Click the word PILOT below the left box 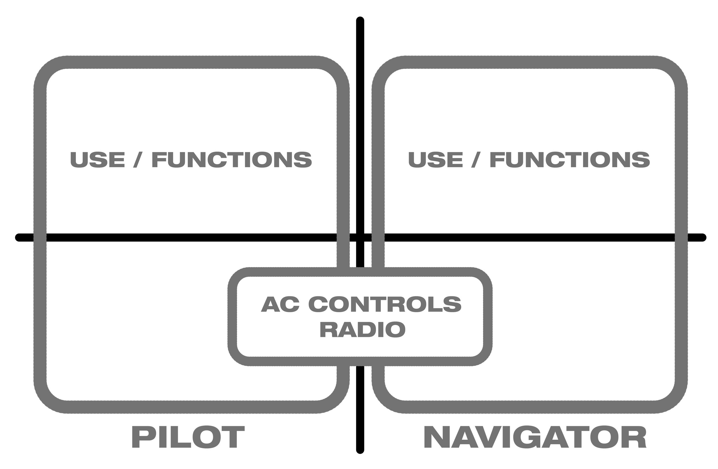click(188, 437)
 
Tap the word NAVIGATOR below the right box click(535, 437)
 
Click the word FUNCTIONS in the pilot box click(232, 159)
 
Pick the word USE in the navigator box click(435, 159)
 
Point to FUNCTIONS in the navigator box click(570, 159)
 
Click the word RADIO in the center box click(362, 330)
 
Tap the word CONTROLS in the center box click(385, 304)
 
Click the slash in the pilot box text click(138, 160)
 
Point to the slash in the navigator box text click(475, 160)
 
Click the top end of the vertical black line click(360, 20)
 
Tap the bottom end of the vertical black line click(360, 450)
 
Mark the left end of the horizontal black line click(19, 238)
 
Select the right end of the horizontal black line click(702, 238)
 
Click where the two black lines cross click(360, 238)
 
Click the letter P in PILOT click(140, 437)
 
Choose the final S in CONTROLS click(452, 304)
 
